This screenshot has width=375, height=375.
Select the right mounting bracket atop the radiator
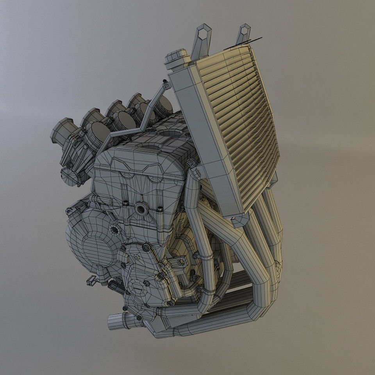pos(243,34)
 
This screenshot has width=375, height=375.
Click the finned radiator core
pos(242,117)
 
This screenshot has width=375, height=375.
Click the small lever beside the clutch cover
pos(91,280)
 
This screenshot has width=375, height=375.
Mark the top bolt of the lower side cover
pos(146,247)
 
